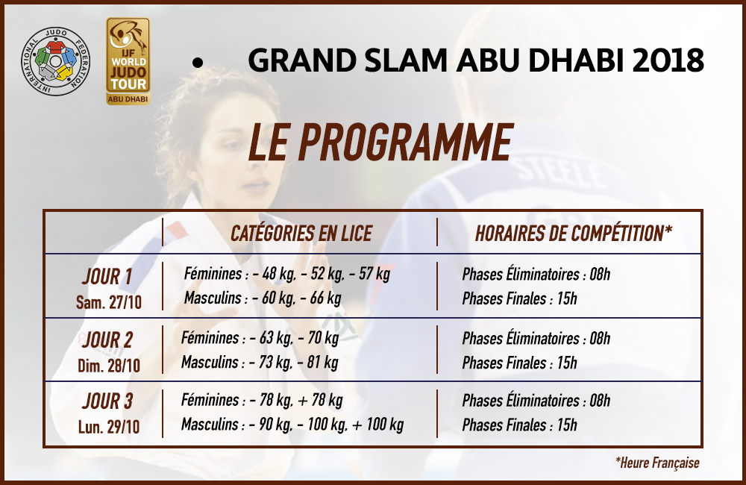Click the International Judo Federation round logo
click(x=55, y=61)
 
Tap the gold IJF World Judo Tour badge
click(x=128, y=61)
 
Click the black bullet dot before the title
click(x=198, y=63)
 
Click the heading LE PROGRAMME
click(x=380, y=142)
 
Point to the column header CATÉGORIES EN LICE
click(x=301, y=234)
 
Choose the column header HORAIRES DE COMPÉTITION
click(x=573, y=234)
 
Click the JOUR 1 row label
click(x=107, y=277)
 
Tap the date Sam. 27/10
click(x=109, y=302)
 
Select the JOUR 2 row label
click(x=107, y=339)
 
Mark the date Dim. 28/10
click(x=109, y=366)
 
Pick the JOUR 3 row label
click(x=107, y=401)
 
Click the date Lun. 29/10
click(x=109, y=427)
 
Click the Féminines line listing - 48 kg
click(x=287, y=274)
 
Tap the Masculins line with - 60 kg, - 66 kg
click(x=263, y=298)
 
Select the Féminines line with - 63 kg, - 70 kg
click(x=260, y=338)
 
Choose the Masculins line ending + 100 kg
click(x=292, y=424)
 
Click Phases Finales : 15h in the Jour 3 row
click(x=519, y=425)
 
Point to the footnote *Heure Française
click(x=657, y=463)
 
